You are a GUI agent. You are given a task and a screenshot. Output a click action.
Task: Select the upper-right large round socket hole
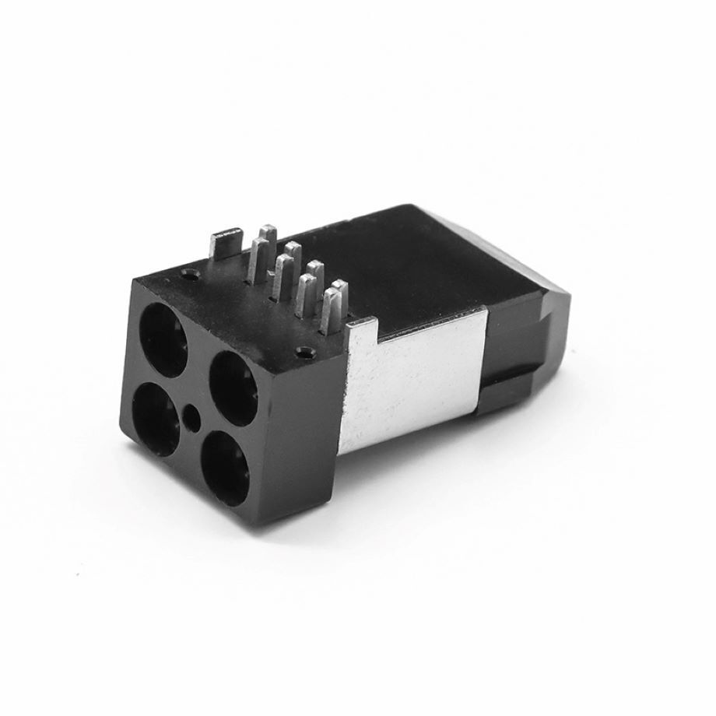click(x=233, y=379)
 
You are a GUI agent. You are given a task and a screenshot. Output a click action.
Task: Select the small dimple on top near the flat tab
click(x=189, y=274)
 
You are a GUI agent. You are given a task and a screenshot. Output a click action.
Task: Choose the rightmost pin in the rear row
click(x=339, y=296)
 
